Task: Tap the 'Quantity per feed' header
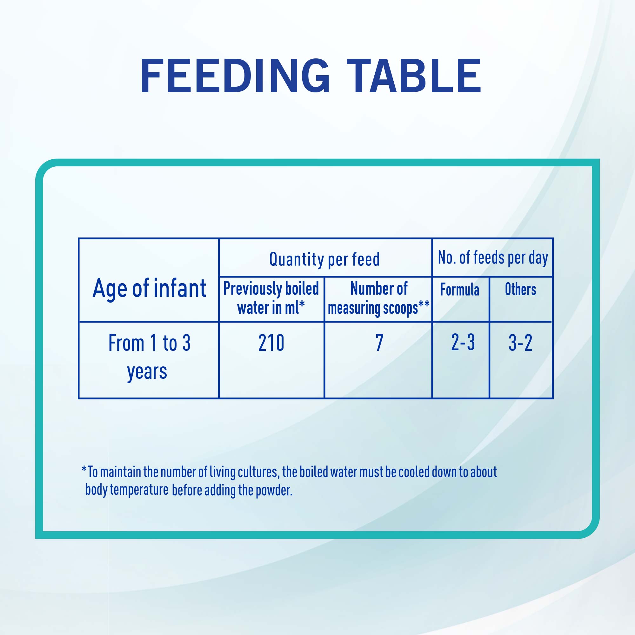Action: tap(324, 259)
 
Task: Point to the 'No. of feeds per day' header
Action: tap(493, 258)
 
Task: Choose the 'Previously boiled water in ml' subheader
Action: tap(271, 298)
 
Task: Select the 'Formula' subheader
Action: tap(459, 290)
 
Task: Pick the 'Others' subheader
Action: tap(520, 290)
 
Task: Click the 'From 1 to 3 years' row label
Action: tap(149, 357)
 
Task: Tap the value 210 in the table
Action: tap(271, 343)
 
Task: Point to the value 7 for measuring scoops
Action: tap(380, 343)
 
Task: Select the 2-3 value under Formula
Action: tap(463, 343)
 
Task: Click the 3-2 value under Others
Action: tap(520, 343)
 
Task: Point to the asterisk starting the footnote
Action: tap(84, 468)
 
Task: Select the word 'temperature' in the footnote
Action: tap(139, 490)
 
